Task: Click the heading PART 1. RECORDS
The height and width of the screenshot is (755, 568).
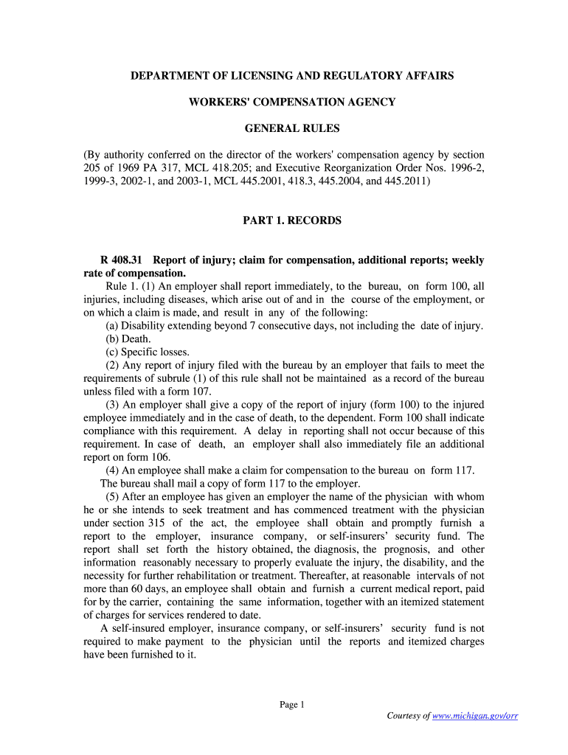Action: (292, 220)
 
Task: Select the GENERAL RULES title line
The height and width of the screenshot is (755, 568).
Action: (292, 128)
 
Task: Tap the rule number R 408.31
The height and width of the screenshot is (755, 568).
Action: (125, 260)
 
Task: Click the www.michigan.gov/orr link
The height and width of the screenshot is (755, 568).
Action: (475, 716)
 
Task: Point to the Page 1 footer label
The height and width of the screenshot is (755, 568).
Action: (292, 705)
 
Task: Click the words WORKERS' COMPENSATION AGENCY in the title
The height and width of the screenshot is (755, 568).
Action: (292, 102)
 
